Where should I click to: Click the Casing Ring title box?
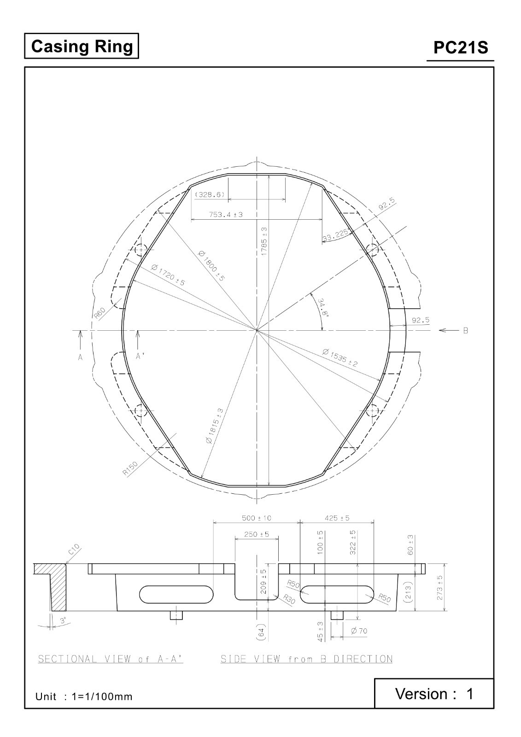[x=82, y=46]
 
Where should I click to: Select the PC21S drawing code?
[x=461, y=47]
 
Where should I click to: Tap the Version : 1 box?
[x=434, y=694]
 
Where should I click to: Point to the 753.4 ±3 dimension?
[x=226, y=215]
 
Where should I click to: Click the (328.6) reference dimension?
[x=210, y=194]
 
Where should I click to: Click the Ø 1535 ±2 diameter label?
[x=340, y=358]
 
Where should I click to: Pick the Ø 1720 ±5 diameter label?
[x=168, y=275]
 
